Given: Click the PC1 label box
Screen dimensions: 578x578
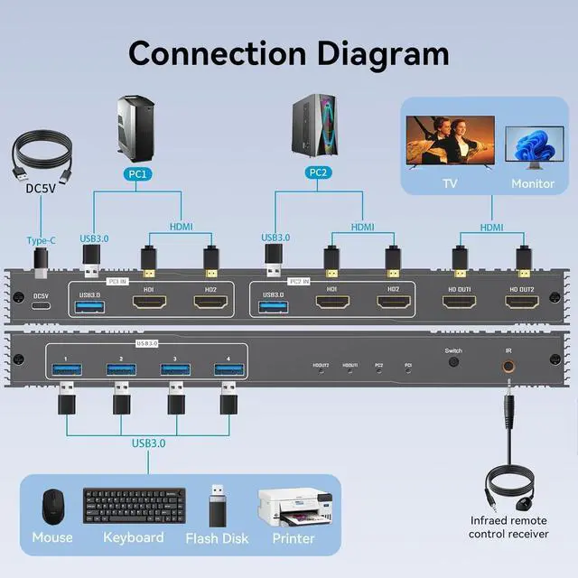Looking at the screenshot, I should [141, 172].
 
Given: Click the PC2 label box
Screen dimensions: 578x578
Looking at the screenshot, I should [319, 172].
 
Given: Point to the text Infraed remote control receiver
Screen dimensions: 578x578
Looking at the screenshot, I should [508, 527].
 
